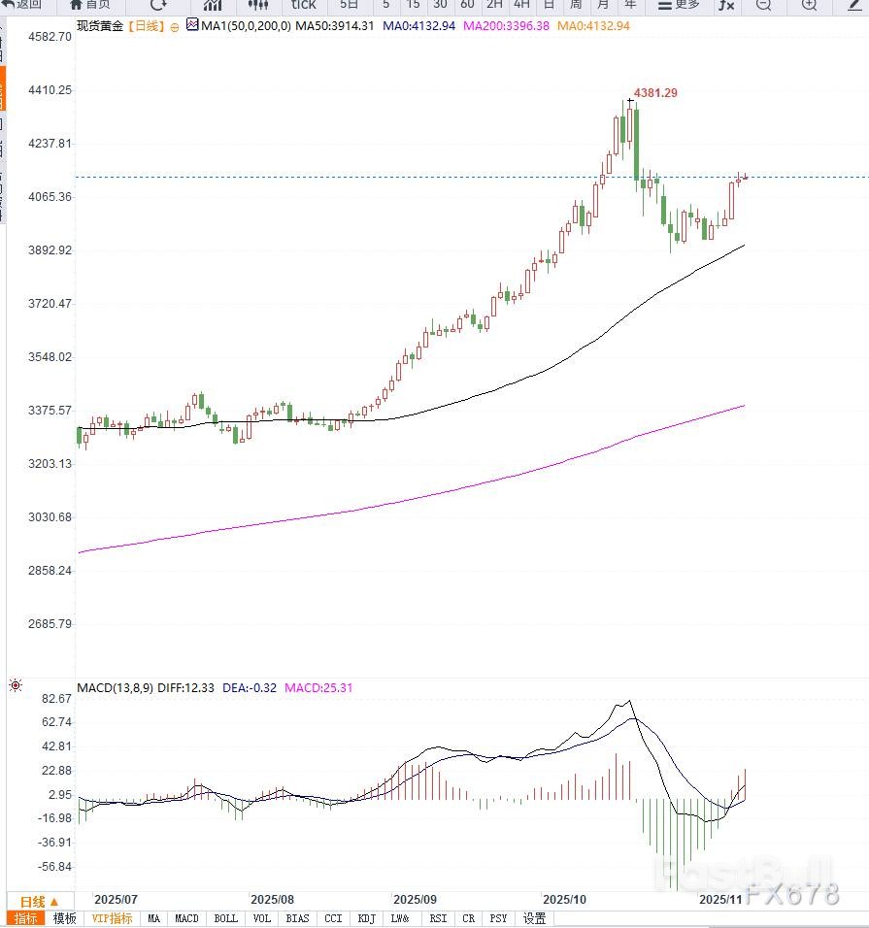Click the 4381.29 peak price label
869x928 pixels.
click(657, 93)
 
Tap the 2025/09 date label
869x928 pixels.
click(415, 900)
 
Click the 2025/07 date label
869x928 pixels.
click(116, 900)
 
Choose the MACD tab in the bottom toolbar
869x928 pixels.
click(186, 918)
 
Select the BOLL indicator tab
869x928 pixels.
click(225, 918)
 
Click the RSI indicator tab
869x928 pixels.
click(439, 918)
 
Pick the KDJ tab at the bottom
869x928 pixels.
click(366, 918)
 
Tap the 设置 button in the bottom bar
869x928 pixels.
click(534, 918)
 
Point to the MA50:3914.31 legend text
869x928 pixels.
click(334, 26)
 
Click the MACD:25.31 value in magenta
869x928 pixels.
click(318, 688)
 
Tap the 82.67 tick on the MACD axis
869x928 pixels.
click(31, 699)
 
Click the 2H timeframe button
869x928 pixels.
click(494, 4)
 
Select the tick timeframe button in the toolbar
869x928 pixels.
click(304, 4)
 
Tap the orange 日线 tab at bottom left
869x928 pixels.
click(39, 902)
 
